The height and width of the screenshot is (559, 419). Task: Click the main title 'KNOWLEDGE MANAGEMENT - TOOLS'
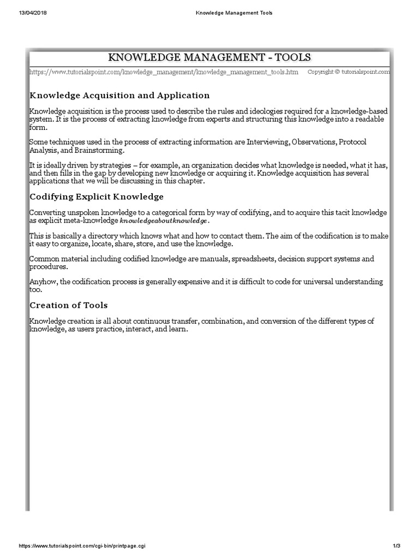(x=209, y=58)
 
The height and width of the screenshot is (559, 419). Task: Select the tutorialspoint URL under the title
(x=164, y=72)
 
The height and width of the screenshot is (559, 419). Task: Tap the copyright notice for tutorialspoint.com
(x=349, y=72)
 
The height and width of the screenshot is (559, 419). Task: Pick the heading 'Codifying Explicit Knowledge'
(x=96, y=197)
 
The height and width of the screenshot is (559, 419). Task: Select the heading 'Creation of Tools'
(x=68, y=305)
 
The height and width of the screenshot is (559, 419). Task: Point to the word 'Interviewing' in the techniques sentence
(x=268, y=142)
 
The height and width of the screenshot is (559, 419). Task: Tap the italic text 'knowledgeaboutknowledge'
(x=164, y=221)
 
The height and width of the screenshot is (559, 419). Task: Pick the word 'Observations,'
(x=314, y=142)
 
